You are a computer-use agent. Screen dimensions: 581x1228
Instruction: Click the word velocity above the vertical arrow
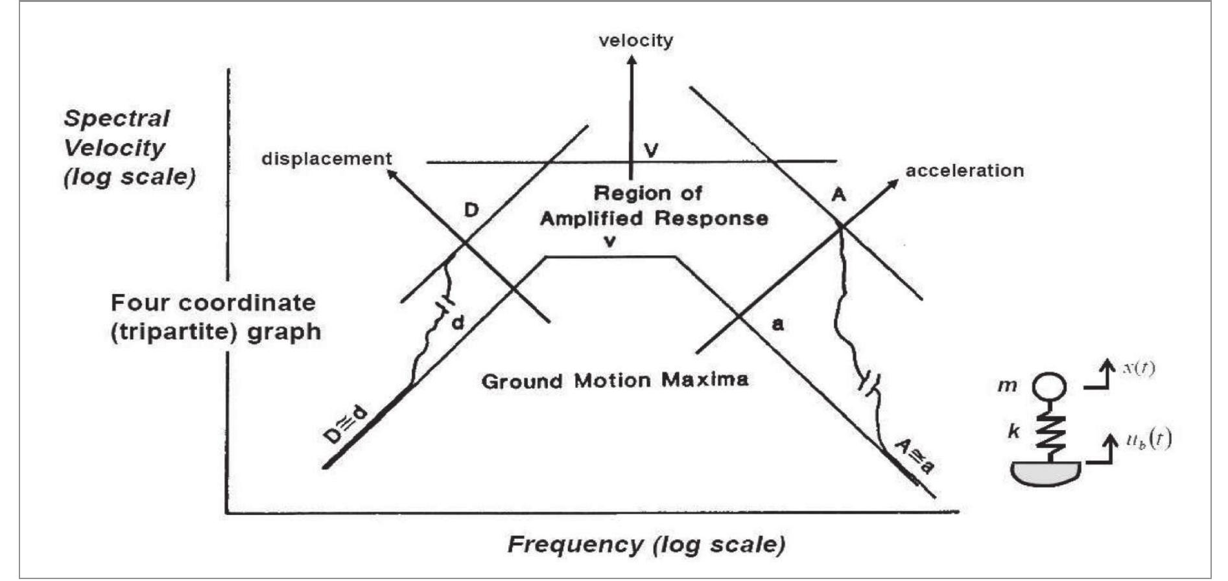click(x=635, y=40)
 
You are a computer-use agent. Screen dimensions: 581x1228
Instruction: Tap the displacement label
click(x=326, y=159)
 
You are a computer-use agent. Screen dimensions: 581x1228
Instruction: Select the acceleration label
click(x=964, y=170)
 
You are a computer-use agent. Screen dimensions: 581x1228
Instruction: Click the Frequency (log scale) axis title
click(x=646, y=543)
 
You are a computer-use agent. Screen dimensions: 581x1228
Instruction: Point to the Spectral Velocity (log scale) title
click(x=129, y=148)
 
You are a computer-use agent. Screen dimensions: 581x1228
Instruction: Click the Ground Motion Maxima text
click(x=615, y=380)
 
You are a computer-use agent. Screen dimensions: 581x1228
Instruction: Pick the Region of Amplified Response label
click(x=654, y=205)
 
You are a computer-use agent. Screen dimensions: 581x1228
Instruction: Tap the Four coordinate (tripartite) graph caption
click(x=215, y=317)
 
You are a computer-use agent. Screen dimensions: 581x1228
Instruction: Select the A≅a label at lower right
click(x=915, y=455)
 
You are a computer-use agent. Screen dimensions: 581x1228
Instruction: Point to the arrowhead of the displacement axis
click(x=390, y=173)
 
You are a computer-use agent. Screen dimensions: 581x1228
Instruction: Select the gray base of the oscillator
click(x=1045, y=472)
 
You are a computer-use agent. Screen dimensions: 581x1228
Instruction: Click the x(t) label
click(x=1138, y=369)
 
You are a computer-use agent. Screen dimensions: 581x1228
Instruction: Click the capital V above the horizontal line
click(x=651, y=150)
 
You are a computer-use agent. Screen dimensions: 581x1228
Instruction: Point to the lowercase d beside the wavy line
click(x=458, y=322)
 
